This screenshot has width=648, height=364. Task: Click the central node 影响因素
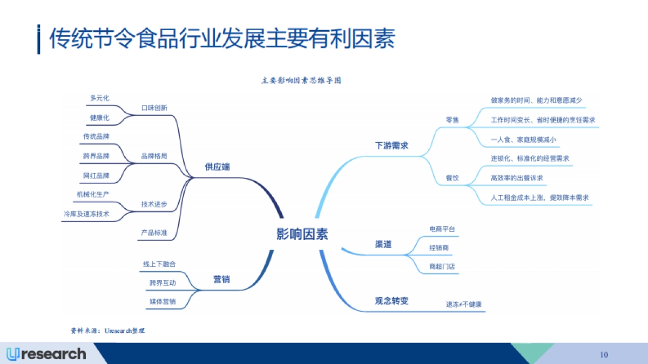click(x=302, y=234)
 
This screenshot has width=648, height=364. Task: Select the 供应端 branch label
click(x=217, y=167)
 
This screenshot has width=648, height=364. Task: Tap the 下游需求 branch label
click(x=391, y=146)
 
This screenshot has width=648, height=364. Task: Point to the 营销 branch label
click(x=221, y=279)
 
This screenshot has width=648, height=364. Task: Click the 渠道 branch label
click(x=383, y=244)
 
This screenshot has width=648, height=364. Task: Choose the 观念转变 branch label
click(x=391, y=301)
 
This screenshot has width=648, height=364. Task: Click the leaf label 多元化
click(x=99, y=98)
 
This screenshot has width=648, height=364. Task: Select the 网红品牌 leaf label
click(x=96, y=176)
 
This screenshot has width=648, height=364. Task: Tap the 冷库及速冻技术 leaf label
click(x=86, y=214)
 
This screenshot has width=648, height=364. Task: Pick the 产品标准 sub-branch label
click(x=154, y=233)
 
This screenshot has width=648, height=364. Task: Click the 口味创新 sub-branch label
click(x=154, y=108)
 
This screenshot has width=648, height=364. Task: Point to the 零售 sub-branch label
click(x=452, y=120)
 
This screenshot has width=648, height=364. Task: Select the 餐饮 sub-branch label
click(x=452, y=178)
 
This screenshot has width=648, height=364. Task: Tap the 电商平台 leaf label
click(x=442, y=229)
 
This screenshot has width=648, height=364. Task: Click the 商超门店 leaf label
click(x=442, y=266)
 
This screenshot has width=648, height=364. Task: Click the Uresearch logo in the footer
click(x=46, y=354)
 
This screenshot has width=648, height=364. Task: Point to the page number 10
click(x=604, y=354)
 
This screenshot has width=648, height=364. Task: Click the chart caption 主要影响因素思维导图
click(x=301, y=81)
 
